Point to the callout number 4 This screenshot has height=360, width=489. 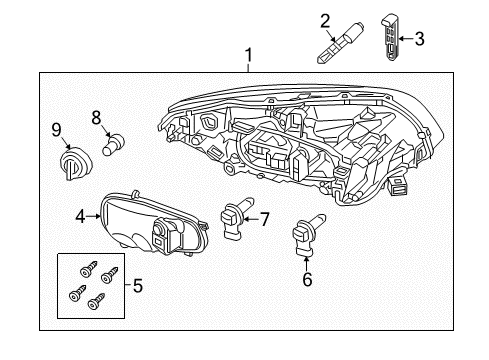click(80, 213)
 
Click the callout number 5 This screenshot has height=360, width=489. click(138, 286)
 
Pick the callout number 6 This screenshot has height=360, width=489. click(307, 280)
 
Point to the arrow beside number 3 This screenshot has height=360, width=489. click(405, 39)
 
